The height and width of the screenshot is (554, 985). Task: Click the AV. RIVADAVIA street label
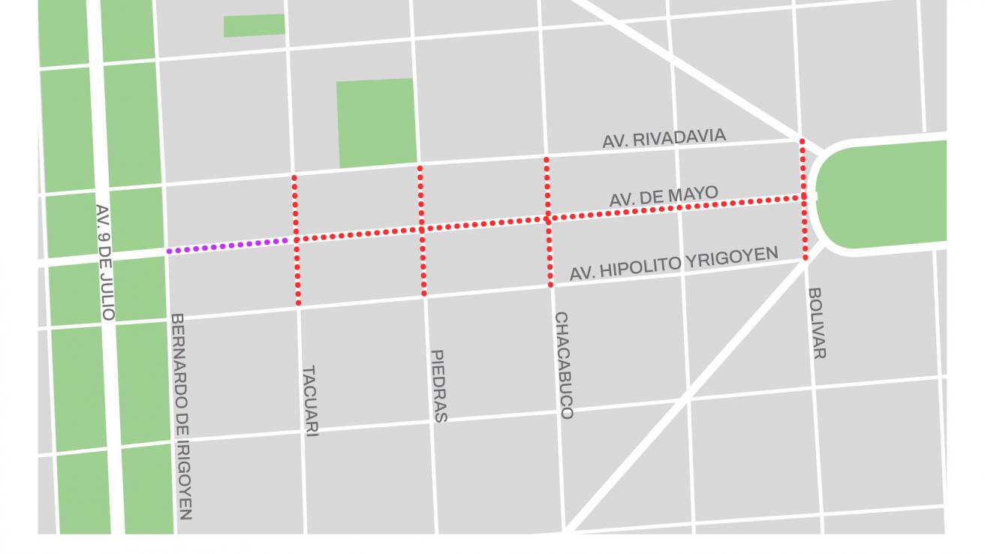(664, 138)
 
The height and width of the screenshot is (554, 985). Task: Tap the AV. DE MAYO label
(663, 197)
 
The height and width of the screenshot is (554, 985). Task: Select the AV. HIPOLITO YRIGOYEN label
(673, 263)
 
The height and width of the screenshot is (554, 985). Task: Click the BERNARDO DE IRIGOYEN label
(181, 416)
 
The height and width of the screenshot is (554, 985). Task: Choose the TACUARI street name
(309, 401)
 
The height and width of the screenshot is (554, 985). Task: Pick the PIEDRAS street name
(438, 386)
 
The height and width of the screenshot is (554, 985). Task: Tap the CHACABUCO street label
(563, 365)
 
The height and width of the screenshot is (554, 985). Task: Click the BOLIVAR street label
(817, 323)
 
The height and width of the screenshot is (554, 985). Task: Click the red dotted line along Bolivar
(804, 225)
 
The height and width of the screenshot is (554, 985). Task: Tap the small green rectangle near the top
(254, 25)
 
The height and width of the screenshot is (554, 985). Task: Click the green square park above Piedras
(375, 122)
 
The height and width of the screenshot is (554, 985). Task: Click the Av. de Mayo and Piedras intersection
(422, 229)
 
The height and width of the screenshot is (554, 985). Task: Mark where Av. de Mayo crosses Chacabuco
(548, 218)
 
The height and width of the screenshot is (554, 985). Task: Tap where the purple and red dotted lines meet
(294, 240)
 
